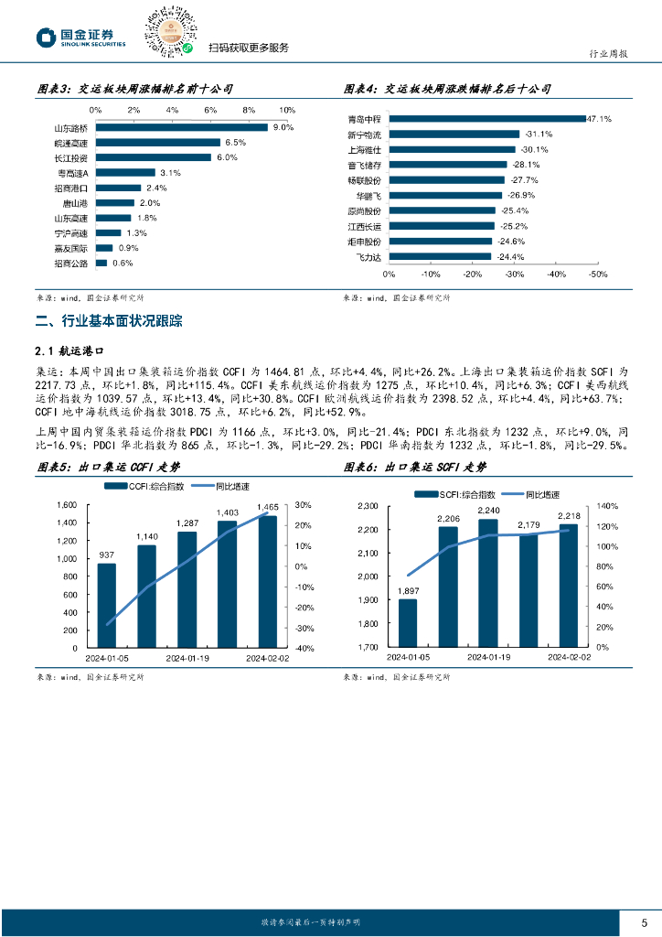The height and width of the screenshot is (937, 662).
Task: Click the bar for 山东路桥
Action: (181, 127)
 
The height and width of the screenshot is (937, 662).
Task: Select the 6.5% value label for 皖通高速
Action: (236, 143)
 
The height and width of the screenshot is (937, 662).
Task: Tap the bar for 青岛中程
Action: (486, 119)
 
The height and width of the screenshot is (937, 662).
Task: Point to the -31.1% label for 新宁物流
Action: (538, 134)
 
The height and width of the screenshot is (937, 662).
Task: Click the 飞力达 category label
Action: (368, 256)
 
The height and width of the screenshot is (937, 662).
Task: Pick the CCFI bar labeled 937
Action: (107, 605)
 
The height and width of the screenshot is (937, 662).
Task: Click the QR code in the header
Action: (167, 29)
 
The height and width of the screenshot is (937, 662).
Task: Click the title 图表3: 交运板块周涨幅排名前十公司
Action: (133, 89)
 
